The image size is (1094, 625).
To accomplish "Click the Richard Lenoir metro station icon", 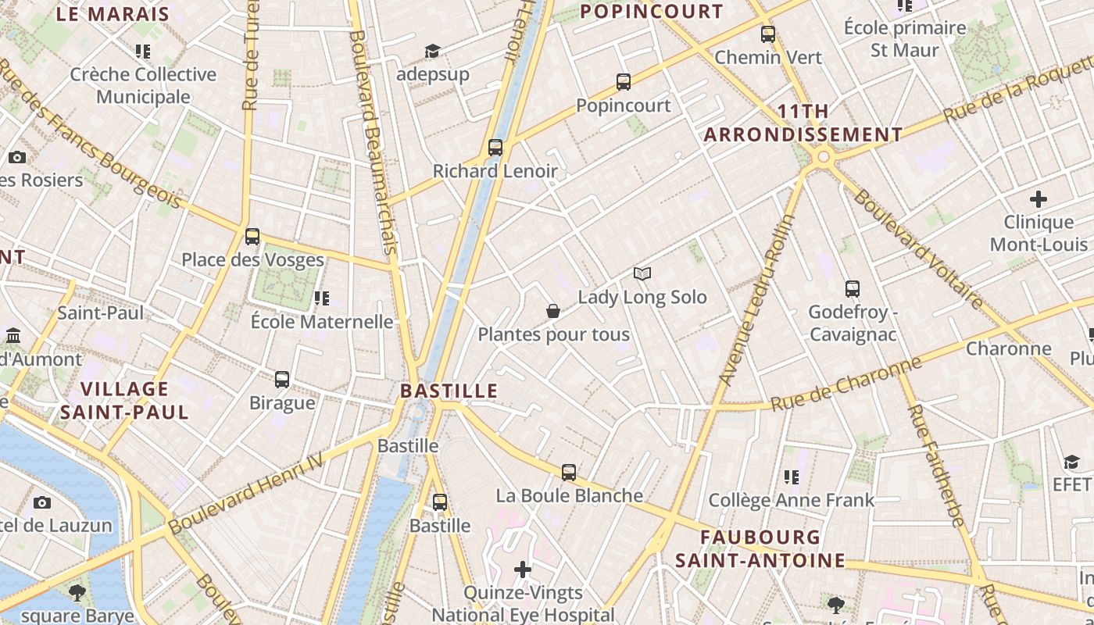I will click(x=495, y=147).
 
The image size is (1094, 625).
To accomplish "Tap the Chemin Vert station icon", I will click(x=768, y=34).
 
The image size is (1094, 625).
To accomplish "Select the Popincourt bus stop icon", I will click(x=623, y=82).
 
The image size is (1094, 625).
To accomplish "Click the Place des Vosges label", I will click(x=252, y=259).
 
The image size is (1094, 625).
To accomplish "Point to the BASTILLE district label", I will click(x=449, y=391).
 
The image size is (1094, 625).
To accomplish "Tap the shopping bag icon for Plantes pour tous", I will click(x=553, y=311).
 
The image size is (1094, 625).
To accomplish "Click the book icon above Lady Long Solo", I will click(x=642, y=273).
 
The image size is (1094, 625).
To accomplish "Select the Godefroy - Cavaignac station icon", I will click(x=852, y=289).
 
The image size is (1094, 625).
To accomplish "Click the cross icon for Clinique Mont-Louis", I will click(x=1039, y=199).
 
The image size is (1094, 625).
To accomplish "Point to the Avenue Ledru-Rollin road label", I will click(x=756, y=301).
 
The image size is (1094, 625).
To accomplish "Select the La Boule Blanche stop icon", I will click(x=569, y=473).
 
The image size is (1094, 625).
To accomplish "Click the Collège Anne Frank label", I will click(x=791, y=499).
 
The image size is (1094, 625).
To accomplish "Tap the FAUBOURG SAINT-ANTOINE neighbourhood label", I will click(x=760, y=548).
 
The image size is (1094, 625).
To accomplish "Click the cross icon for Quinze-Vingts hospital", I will click(x=523, y=570).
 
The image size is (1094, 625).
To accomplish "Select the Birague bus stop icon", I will click(x=282, y=380).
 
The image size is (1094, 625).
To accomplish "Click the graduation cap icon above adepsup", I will click(x=432, y=52).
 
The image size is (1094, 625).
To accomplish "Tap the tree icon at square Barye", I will click(x=77, y=592).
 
